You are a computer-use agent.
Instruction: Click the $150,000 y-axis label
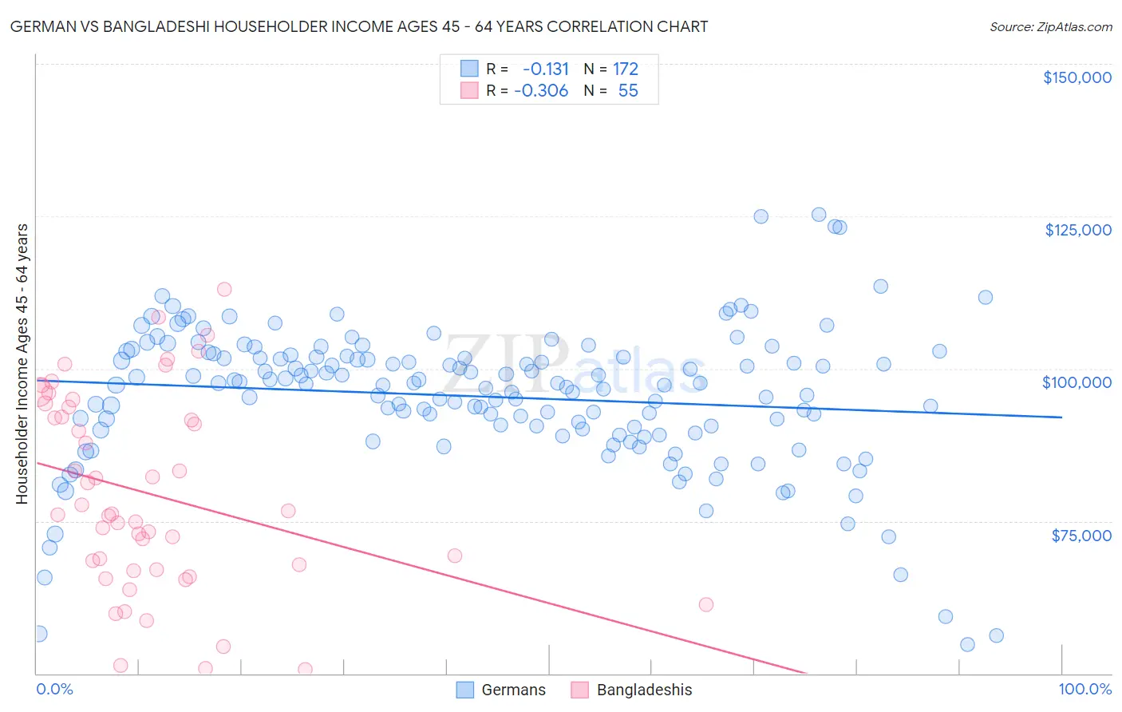tap(1077, 77)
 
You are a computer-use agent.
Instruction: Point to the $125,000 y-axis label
tap(1077, 230)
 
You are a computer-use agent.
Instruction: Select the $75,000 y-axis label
tap(1081, 536)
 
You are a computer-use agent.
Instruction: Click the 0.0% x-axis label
tap(54, 689)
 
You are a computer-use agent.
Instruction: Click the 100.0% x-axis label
tap(1084, 689)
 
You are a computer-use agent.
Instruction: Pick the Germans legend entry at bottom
tap(500, 690)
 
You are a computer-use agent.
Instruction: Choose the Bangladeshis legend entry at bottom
tap(631, 690)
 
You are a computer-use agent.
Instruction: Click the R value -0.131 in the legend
tap(545, 69)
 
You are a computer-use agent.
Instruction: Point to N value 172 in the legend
tap(626, 69)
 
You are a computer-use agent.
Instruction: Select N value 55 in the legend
tap(628, 90)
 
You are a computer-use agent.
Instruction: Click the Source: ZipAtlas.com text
tap(1050, 26)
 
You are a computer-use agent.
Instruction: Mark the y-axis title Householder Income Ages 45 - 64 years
tap(22, 363)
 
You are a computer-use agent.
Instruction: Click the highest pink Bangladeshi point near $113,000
tap(224, 289)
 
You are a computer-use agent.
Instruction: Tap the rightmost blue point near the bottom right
tap(996, 635)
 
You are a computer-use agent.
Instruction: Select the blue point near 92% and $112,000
tap(985, 297)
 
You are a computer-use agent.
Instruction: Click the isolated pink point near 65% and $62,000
tap(705, 604)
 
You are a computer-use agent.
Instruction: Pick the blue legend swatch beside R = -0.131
tap(468, 69)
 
